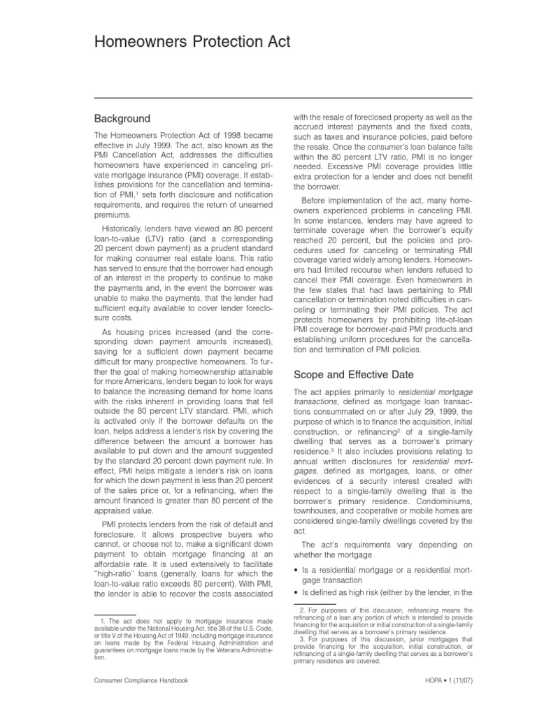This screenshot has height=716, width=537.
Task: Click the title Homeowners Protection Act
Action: [192, 43]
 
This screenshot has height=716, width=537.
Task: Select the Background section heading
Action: [122, 118]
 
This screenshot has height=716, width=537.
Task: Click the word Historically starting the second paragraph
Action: [128, 227]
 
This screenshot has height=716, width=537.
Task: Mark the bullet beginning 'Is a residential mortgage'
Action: [382, 575]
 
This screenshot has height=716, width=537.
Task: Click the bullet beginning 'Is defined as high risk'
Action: [382, 593]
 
